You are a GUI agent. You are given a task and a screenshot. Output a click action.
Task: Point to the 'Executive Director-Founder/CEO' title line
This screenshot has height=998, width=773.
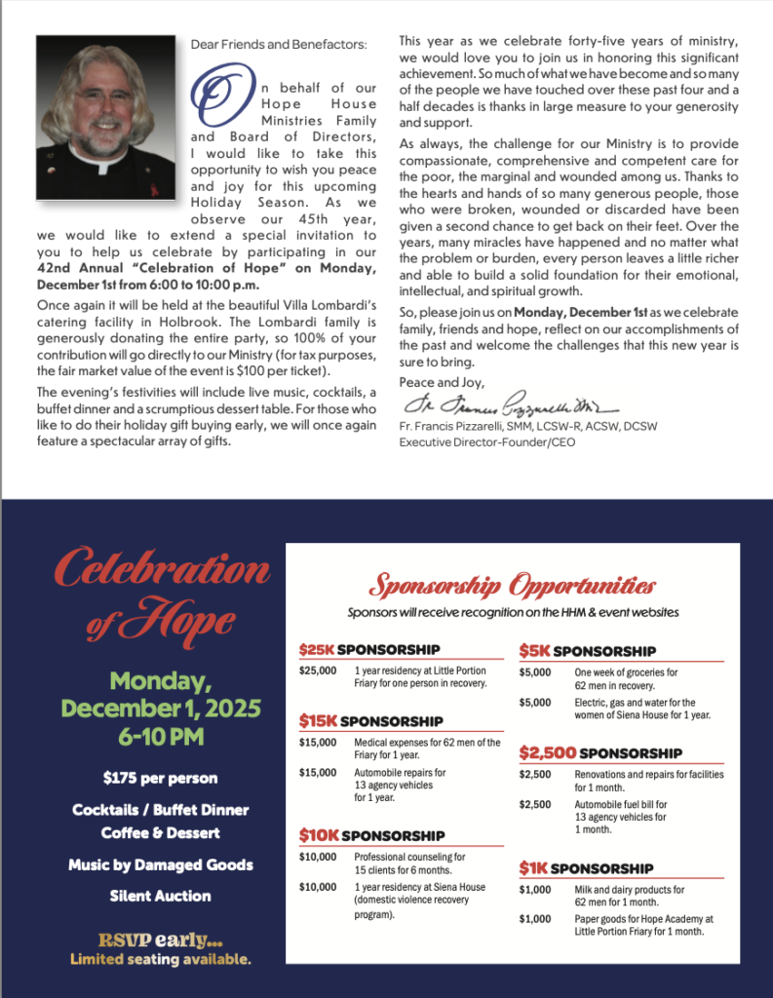[x=483, y=441]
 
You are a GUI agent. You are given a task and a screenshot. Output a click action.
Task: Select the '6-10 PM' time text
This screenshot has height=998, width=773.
[x=161, y=737]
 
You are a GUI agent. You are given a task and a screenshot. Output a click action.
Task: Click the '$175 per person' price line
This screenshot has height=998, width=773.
[x=160, y=778]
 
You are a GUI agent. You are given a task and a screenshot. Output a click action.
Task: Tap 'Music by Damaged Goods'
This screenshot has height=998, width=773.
[x=160, y=864]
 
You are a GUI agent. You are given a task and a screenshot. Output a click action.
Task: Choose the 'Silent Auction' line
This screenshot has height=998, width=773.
[x=160, y=896]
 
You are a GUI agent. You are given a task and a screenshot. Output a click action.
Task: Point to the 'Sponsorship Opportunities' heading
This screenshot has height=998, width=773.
[x=512, y=586]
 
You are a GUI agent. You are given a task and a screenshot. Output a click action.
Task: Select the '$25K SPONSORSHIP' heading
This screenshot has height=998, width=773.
[x=369, y=649]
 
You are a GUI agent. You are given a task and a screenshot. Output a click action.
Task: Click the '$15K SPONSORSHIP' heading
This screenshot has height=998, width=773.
[x=370, y=721]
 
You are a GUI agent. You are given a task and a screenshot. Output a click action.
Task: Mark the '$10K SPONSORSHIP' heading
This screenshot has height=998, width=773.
[x=371, y=835]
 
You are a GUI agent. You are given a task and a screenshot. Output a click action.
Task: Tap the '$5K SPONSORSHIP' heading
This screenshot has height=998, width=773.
[x=587, y=651]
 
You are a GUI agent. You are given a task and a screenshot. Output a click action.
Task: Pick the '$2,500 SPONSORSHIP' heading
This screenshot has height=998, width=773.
[x=600, y=753]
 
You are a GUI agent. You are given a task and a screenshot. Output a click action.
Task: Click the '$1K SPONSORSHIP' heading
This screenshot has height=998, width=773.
[x=586, y=868]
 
